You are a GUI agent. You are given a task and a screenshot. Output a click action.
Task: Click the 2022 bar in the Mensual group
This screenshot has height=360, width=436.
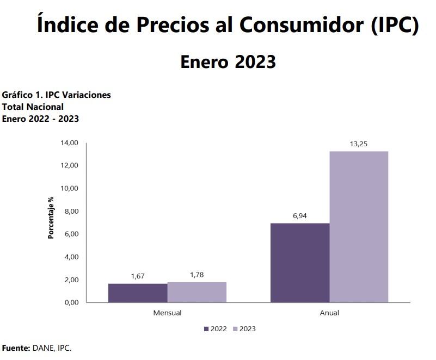coord(138,293)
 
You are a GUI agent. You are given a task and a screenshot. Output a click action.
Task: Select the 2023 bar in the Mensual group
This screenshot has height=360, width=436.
coord(197,293)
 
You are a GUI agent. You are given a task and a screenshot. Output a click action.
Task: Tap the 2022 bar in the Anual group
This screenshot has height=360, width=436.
coord(300,263)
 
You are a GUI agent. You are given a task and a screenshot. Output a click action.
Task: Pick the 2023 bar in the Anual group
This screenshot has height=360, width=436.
coord(359,227)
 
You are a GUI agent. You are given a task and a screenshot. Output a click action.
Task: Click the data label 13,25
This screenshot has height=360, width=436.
coord(359,144)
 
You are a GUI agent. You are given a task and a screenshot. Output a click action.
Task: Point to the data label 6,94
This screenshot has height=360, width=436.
coord(300,216)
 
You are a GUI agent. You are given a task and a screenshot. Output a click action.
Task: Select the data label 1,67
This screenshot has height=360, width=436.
coord(138,276)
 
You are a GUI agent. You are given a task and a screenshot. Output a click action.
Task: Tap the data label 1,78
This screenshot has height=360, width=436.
coord(197,275)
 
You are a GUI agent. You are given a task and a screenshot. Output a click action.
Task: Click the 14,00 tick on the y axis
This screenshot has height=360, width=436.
coord(70,143)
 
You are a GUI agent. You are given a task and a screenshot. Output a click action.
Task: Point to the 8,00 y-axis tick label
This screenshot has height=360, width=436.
coord(71,212)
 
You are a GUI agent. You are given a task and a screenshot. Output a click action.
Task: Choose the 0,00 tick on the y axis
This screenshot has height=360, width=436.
coord(71,303)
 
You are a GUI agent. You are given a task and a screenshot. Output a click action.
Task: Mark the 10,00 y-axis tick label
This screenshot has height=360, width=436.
coord(70,189)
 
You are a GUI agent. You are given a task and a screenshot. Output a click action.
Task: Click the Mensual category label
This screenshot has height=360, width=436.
coord(167,313)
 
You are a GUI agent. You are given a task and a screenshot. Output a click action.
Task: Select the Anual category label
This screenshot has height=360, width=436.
coord(329,313)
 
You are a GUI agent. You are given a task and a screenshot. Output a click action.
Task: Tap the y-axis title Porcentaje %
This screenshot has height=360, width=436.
coord(51,218)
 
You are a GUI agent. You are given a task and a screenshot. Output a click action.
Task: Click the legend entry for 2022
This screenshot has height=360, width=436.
coord(216,329)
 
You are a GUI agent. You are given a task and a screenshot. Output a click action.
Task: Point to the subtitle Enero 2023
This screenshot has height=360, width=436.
coord(228,62)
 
